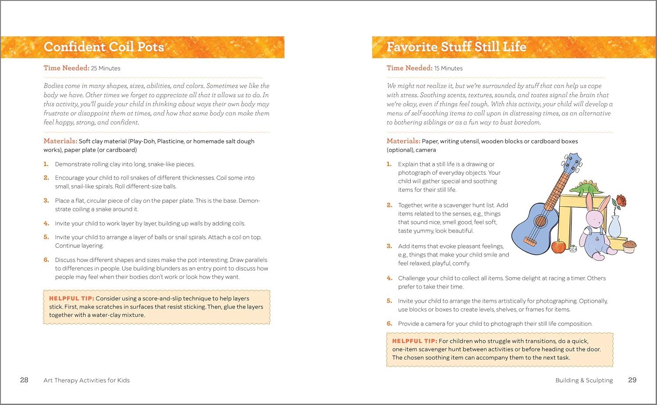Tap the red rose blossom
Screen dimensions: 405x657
coord(621,201)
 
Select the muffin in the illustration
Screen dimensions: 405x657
coord(629,246)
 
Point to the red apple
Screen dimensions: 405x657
coord(558,247)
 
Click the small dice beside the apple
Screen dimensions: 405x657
coord(572,249)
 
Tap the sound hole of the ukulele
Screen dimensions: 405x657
coord(541,221)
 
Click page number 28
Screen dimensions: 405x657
coord(24,380)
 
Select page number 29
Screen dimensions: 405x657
coord(632,380)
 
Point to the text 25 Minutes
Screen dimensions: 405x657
coord(106,68)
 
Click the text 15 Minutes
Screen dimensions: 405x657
coord(448,68)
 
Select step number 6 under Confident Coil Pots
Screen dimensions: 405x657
coord(46,260)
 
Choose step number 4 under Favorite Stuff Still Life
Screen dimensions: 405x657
coord(389,278)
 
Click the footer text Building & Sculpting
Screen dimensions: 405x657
coord(584,380)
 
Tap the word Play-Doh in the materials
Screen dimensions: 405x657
coord(142,141)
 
